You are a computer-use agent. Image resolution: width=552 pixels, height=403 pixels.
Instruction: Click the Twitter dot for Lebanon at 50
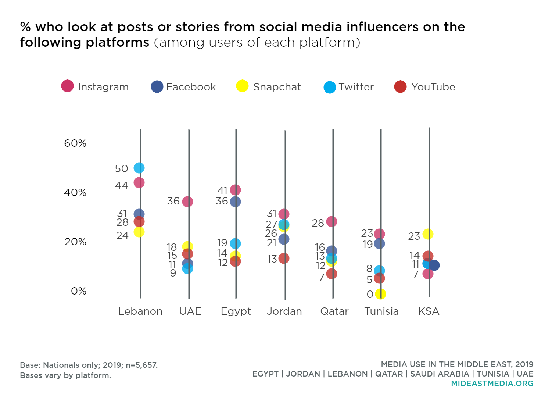tap(139, 168)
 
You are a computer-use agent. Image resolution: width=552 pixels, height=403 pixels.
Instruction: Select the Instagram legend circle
tap(67, 86)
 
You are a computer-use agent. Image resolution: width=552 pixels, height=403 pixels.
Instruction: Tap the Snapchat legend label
tap(277, 87)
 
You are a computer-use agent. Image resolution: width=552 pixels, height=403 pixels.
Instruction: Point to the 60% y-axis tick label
tap(75, 143)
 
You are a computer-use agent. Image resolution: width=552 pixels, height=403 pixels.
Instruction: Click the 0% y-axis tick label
tap(78, 291)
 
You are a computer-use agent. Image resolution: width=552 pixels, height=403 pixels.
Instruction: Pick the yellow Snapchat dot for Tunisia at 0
tap(381, 294)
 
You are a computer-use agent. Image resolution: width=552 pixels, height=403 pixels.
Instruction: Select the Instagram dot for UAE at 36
tap(187, 201)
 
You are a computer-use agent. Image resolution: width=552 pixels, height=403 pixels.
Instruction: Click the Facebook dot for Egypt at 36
tap(235, 201)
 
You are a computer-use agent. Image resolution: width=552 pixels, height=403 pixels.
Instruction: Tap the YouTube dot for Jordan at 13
tap(284, 258)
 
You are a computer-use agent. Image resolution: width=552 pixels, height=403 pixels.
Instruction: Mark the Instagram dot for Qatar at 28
tap(331, 221)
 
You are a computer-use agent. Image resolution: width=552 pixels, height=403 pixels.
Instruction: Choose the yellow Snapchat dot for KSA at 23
tap(428, 234)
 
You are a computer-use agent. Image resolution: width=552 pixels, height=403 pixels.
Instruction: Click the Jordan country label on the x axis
tap(284, 311)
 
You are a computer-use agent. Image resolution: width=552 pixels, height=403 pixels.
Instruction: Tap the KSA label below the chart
tap(429, 311)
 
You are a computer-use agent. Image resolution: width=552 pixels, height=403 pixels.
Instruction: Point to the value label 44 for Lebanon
tap(121, 185)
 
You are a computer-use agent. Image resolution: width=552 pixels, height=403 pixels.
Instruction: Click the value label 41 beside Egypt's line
tap(222, 190)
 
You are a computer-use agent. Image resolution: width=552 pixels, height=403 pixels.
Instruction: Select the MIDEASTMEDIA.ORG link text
tap(492, 384)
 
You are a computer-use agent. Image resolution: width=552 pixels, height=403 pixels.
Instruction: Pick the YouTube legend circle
tap(400, 87)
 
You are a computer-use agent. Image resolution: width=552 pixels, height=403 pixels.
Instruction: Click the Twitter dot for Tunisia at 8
tap(379, 271)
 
